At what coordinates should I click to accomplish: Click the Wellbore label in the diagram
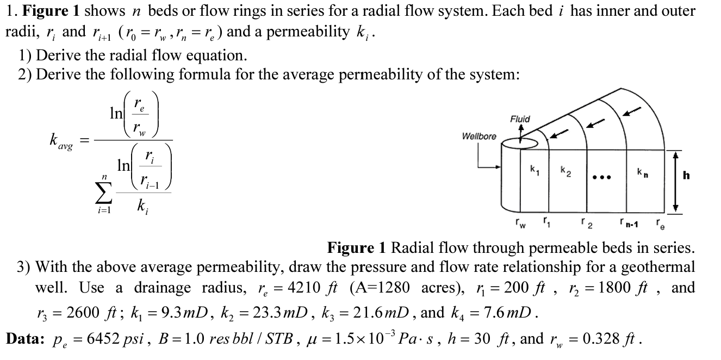point(479,136)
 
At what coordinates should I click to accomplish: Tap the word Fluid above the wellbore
point(520,119)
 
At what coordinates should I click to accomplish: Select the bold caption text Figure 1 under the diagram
point(357,249)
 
